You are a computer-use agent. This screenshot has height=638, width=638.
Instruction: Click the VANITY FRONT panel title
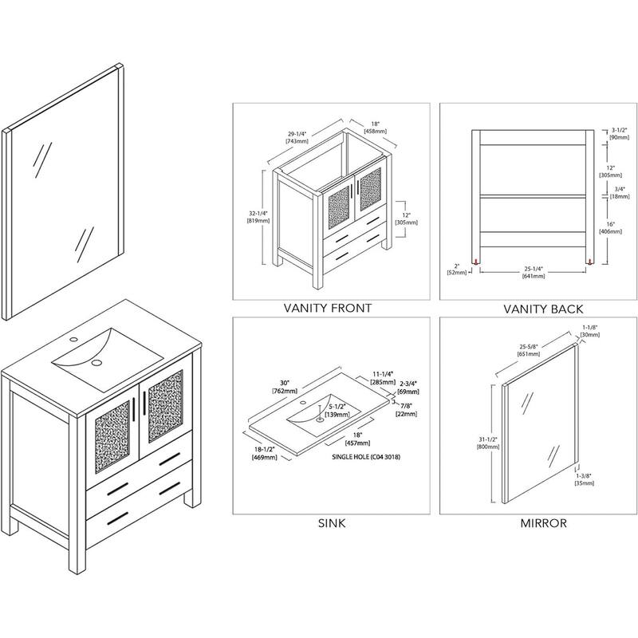click(328, 308)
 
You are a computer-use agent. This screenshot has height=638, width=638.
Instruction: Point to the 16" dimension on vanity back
click(611, 226)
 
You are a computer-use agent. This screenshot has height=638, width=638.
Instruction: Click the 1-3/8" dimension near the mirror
click(588, 477)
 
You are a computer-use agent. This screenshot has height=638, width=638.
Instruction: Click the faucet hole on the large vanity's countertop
click(73, 341)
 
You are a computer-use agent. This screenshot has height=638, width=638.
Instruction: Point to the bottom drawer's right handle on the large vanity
click(167, 491)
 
